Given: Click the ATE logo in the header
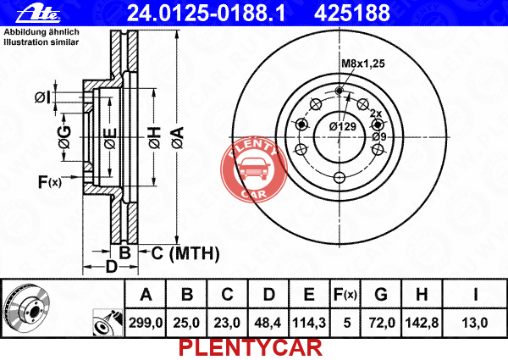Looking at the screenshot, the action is pyautogui.click(x=39, y=14).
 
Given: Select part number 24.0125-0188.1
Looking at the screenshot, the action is pyautogui.click(x=206, y=13).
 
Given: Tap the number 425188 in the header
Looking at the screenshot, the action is pyautogui.click(x=352, y=13).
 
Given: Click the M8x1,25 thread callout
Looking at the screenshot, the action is pyautogui.click(x=363, y=64).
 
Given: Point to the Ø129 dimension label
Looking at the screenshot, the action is pyautogui.click(x=342, y=126).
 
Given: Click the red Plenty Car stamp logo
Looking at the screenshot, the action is pyautogui.click(x=254, y=169).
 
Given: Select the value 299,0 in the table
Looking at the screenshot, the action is pyautogui.click(x=145, y=323).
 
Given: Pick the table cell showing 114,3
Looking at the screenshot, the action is pyautogui.click(x=309, y=323).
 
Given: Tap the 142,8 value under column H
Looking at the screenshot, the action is pyautogui.click(x=422, y=323).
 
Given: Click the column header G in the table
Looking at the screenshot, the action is pyautogui.click(x=381, y=295).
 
